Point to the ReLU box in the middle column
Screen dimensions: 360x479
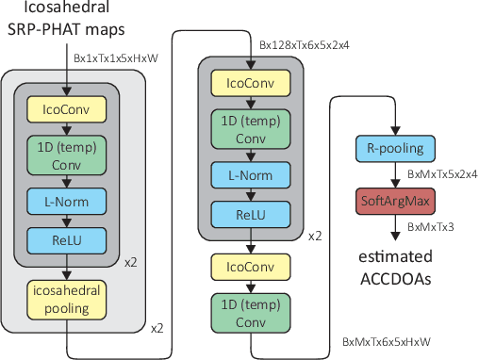click(250, 216)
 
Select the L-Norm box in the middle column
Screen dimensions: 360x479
click(250, 173)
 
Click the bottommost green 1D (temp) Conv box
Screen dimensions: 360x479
click(250, 314)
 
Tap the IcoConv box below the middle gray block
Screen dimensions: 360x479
click(250, 267)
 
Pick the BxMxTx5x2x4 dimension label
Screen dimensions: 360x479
click(441, 175)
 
